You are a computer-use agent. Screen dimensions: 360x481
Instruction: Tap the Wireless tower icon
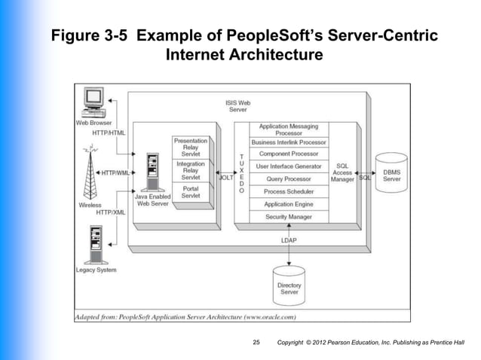point(90,175)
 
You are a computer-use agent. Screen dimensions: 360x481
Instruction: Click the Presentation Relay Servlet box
point(191,147)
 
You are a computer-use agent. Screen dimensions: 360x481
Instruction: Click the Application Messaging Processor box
point(289,130)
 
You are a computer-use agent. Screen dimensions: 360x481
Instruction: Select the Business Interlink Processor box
point(289,142)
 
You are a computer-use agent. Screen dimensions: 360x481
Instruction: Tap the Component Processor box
point(289,154)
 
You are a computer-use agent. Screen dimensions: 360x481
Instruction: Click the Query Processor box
point(289,179)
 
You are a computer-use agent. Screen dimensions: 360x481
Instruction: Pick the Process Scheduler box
point(289,192)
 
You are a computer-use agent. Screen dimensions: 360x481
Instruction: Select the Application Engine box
point(289,204)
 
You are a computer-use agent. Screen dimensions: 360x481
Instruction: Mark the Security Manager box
point(289,217)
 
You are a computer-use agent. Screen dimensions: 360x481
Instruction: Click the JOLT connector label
point(226,178)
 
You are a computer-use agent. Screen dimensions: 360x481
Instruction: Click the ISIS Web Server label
point(238,106)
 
